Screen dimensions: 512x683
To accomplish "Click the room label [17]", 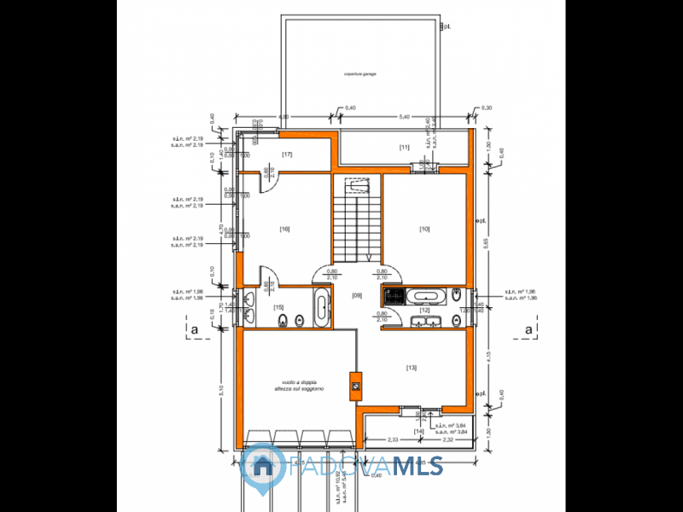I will (287, 154).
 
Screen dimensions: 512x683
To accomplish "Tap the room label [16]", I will (284, 229).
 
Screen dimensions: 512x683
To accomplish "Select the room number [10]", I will (424, 229).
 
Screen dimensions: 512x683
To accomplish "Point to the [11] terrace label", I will (404, 148).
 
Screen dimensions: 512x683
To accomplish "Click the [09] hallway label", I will (358, 295).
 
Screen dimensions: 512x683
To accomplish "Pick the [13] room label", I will (412, 368).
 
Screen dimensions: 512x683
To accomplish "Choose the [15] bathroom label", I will (278, 307).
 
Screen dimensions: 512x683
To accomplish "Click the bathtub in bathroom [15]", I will (321, 308).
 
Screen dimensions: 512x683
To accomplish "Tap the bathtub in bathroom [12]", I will (423, 296).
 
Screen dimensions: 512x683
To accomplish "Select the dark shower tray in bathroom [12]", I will (394, 296).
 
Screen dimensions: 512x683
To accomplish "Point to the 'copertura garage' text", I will (359, 74).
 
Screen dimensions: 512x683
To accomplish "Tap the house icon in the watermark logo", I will (261, 465).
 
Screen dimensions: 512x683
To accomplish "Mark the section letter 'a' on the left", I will (196, 329).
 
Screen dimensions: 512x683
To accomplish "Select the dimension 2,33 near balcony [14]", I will (393, 439).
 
